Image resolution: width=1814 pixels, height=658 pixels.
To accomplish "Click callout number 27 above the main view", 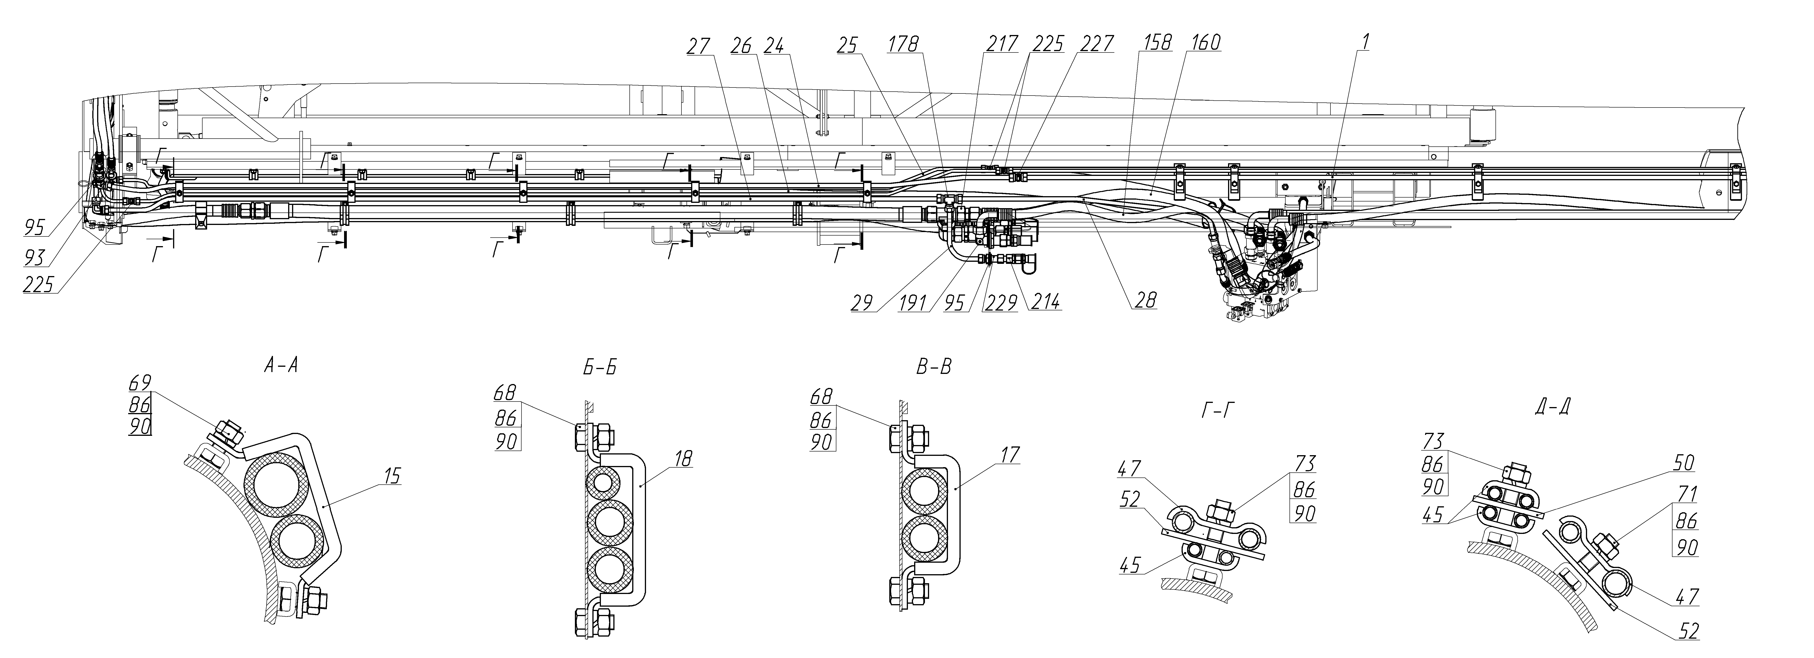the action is coord(700,44).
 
